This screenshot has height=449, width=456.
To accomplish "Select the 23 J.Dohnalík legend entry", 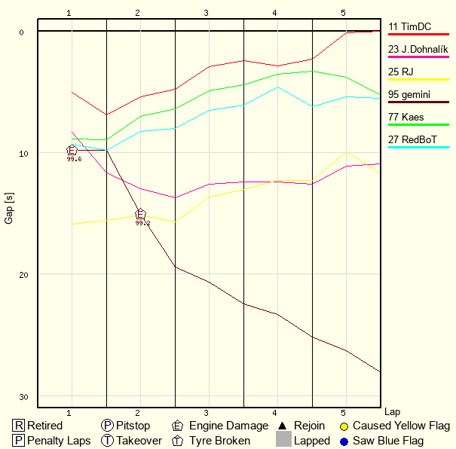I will click(418, 50).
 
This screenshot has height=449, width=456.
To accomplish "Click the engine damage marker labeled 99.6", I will click(72, 151).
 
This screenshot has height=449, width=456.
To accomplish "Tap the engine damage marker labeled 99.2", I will click(141, 215).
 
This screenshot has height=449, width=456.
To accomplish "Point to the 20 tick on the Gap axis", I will click(21, 274).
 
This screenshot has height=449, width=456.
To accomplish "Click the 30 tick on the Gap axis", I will click(21, 397).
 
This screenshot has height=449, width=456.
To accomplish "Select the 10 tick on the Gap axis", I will click(21, 153).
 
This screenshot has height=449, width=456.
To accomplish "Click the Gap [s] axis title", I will click(9, 207).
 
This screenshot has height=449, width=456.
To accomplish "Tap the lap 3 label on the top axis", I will click(206, 13).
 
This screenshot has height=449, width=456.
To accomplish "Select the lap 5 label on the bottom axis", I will click(344, 413).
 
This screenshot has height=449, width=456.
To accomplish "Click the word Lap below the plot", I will click(392, 412).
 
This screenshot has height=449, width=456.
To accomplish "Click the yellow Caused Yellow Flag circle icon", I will click(344, 426).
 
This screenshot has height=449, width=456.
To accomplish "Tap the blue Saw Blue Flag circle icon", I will click(344, 441).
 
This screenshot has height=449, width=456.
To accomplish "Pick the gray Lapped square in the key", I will click(283, 440).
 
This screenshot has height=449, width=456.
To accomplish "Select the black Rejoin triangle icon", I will click(283, 426).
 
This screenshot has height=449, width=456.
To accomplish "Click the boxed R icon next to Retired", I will click(18, 426).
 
